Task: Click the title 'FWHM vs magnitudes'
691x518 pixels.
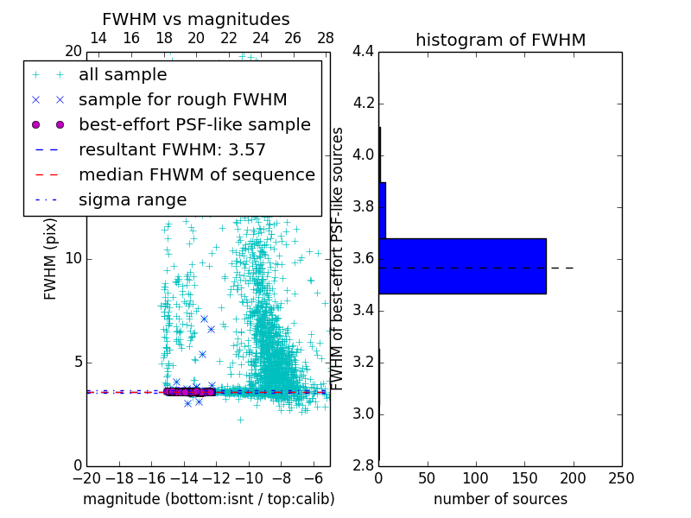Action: (196, 20)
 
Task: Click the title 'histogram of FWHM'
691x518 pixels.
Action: (500, 40)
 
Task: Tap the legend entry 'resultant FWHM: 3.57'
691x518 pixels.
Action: (172, 149)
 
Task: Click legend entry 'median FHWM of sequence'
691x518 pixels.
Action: (196, 174)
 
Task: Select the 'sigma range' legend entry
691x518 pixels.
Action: (132, 199)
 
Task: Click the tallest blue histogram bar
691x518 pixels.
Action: (462, 266)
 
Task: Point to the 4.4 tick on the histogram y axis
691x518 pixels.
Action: (363, 52)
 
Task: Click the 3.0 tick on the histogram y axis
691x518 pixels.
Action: (363, 414)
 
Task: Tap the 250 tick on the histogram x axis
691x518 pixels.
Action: (621, 478)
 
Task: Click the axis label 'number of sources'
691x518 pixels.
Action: (500, 499)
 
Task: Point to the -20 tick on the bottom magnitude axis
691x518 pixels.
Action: (86, 478)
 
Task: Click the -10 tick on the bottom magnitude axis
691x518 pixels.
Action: (249, 478)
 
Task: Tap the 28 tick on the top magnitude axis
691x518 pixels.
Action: (326, 38)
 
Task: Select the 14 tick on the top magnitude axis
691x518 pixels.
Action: (98, 38)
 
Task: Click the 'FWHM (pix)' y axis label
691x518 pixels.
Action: (51, 259)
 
